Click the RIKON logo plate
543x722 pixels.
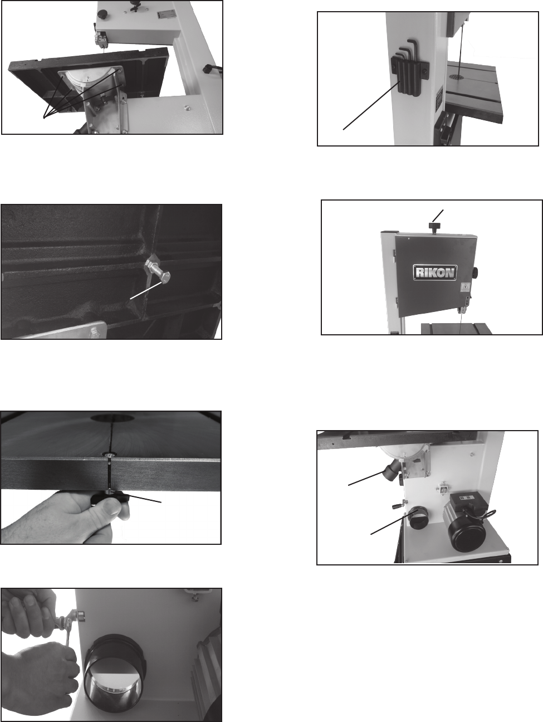435,272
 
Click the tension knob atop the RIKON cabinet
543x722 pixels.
434,227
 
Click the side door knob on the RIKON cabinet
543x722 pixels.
475,272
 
